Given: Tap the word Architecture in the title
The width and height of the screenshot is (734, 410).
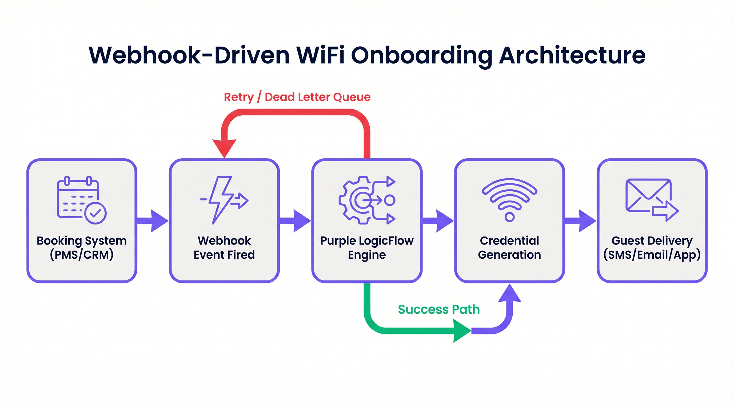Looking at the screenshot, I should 572,55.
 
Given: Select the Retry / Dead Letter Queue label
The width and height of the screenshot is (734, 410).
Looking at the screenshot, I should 297,97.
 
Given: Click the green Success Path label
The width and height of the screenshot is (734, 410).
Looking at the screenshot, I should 439,309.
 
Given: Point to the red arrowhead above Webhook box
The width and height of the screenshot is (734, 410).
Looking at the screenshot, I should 225,148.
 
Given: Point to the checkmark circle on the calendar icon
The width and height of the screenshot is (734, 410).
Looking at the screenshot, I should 96,213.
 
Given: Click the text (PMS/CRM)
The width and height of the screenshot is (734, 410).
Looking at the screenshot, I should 82,255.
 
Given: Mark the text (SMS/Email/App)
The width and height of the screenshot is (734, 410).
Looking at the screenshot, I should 652,255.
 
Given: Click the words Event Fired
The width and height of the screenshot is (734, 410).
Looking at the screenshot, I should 224,255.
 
